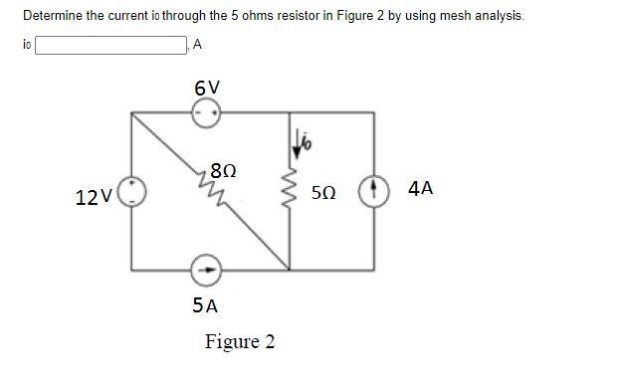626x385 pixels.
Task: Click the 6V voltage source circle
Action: [x=208, y=111]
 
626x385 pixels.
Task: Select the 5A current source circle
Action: [x=208, y=268]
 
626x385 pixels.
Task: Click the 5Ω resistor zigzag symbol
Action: [x=291, y=190]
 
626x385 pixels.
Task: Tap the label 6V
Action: [x=208, y=87]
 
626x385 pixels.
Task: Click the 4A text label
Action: [x=419, y=189]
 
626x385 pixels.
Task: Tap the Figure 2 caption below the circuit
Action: [x=239, y=342]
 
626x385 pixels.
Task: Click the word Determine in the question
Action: [x=48, y=17]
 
